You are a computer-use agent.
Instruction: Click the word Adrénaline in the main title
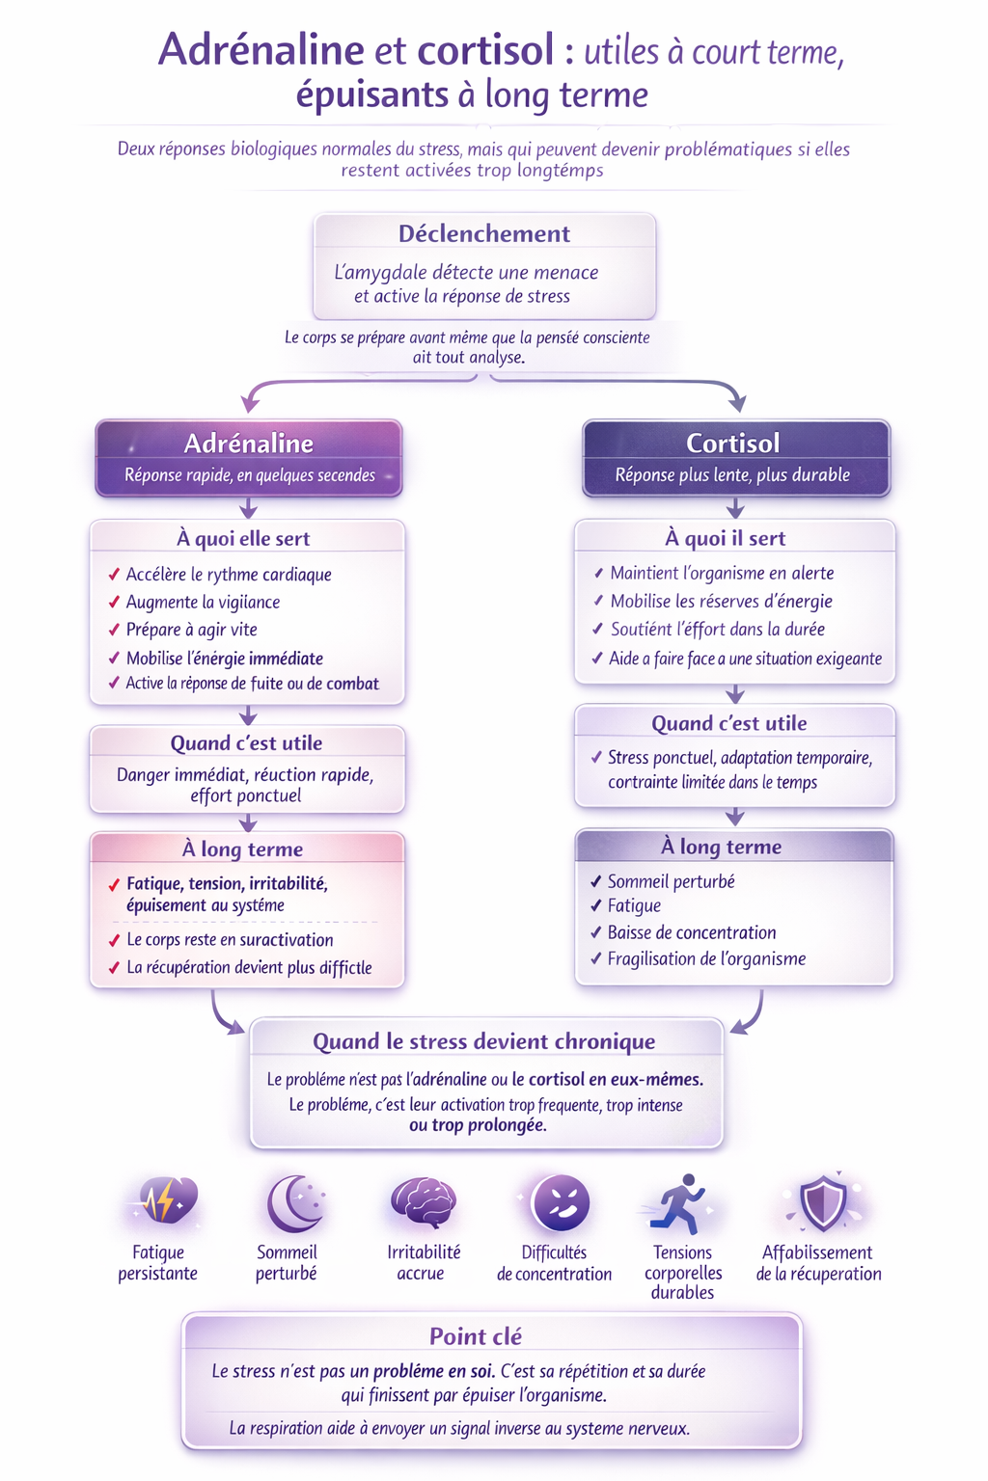(x=261, y=50)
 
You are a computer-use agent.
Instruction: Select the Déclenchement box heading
(x=484, y=234)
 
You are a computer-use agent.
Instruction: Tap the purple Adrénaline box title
(x=249, y=444)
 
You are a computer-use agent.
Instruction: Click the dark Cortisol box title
(x=733, y=444)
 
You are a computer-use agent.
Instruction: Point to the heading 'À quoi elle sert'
(x=243, y=539)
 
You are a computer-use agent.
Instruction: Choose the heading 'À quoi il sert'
(x=726, y=539)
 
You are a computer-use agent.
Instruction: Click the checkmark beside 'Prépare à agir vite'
(x=114, y=631)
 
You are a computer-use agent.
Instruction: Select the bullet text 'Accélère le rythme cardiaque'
(x=229, y=575)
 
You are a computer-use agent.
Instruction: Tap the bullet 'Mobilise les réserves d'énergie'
(x=721, y=602)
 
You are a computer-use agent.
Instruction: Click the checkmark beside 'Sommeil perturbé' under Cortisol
(x=596, y=881)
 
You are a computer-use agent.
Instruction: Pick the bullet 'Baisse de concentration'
(x=692, y=932)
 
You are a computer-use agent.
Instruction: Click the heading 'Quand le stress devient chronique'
(x=484, y=1042)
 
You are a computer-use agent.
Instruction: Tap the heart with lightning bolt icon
(x=165, y=1201)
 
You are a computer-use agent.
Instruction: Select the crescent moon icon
(x=292, y=1203)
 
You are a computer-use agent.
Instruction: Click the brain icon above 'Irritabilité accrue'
(x=424, y=1201)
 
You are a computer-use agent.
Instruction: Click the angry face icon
(x=561, y=1203)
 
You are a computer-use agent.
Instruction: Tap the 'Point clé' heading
(x=476, y=1337)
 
